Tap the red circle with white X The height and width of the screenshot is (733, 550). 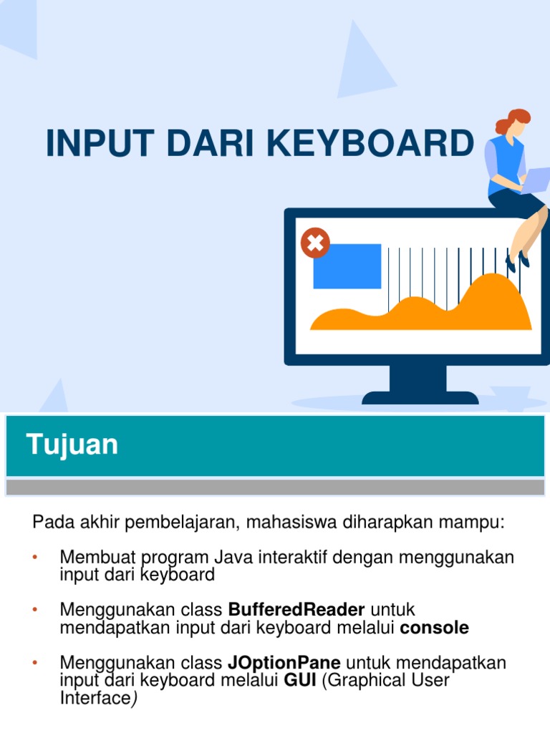tap(315, 243)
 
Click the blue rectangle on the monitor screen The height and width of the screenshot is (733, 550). tap(347, 266)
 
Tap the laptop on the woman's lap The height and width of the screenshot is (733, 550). tap(536, 179)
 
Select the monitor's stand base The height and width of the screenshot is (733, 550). tap(420, 397)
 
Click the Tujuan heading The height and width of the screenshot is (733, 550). tap(72, 445)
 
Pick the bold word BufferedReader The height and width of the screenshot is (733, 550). tap(296, 610)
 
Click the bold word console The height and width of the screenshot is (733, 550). tap(435, 628)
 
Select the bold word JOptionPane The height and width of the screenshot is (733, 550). tap(284, 663)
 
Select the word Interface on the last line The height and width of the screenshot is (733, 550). tap(93, 698)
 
